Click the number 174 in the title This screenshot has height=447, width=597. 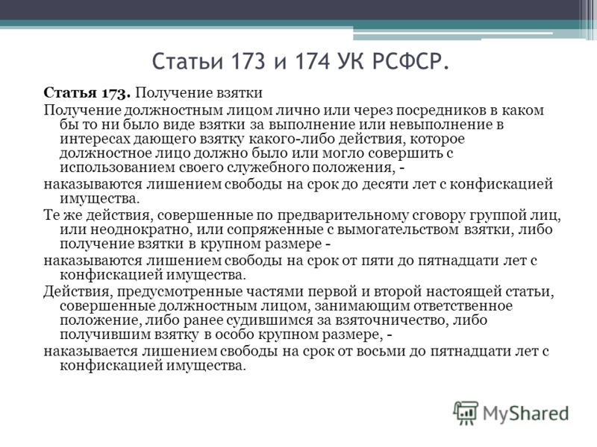pyautogui.click(x=312, y=61)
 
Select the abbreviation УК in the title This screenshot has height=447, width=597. pyautogui.click(x=350, y=61)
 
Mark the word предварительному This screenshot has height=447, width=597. pyautogui.click(x=343, y=215)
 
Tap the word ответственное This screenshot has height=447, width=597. pyautogui.click(x=463, y=305)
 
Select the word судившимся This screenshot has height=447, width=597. pyautogui.click(x=270, y=320)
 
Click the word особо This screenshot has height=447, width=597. pyautogui.click(x=235, y=335)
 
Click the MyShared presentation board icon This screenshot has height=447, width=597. pyautogui.click(x=465, y=413)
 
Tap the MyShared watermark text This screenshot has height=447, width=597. pyautogui.click(x=526, y=413)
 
